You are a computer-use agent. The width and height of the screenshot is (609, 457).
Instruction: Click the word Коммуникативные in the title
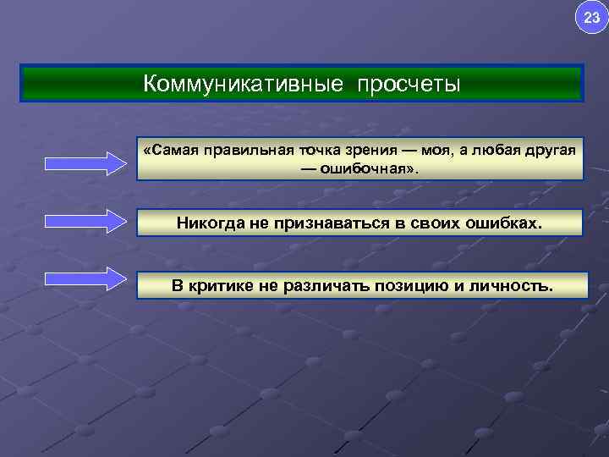[243, 85]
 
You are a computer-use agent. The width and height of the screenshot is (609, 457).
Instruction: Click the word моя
[441, 150]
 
